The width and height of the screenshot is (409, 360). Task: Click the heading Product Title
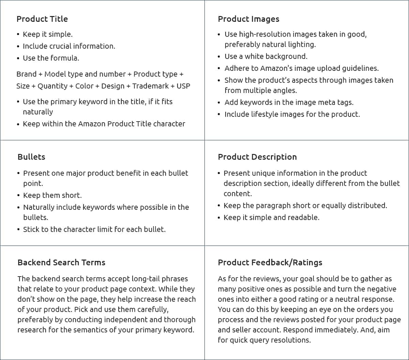pos(42,19)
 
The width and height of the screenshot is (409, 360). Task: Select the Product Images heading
pos(248,19)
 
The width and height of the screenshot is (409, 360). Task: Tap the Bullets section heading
pos(31,157)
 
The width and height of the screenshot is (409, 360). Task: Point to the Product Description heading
pos(257,157)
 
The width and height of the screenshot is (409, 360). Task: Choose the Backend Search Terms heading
pos(61,263)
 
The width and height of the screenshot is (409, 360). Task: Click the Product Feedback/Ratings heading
pos(270,263)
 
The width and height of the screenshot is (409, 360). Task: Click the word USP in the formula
pos(183,86)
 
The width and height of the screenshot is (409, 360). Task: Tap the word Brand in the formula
pos(26,74)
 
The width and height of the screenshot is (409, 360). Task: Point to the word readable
pos(302,218)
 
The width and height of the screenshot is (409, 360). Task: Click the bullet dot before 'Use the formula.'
pos(18,58)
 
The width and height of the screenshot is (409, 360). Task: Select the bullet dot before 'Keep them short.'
pos(18,195)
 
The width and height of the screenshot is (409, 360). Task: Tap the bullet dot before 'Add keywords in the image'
pos(219,103)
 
